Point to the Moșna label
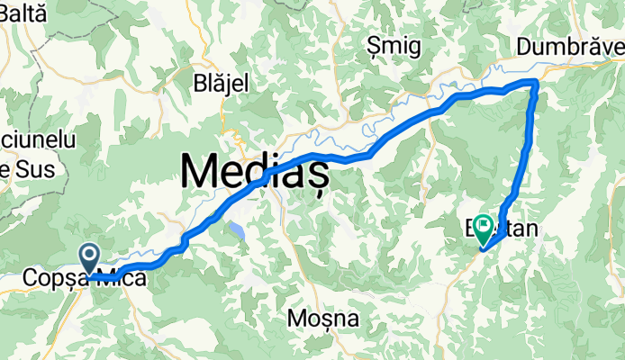323,319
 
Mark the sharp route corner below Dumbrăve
537,82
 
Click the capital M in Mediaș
199,170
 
